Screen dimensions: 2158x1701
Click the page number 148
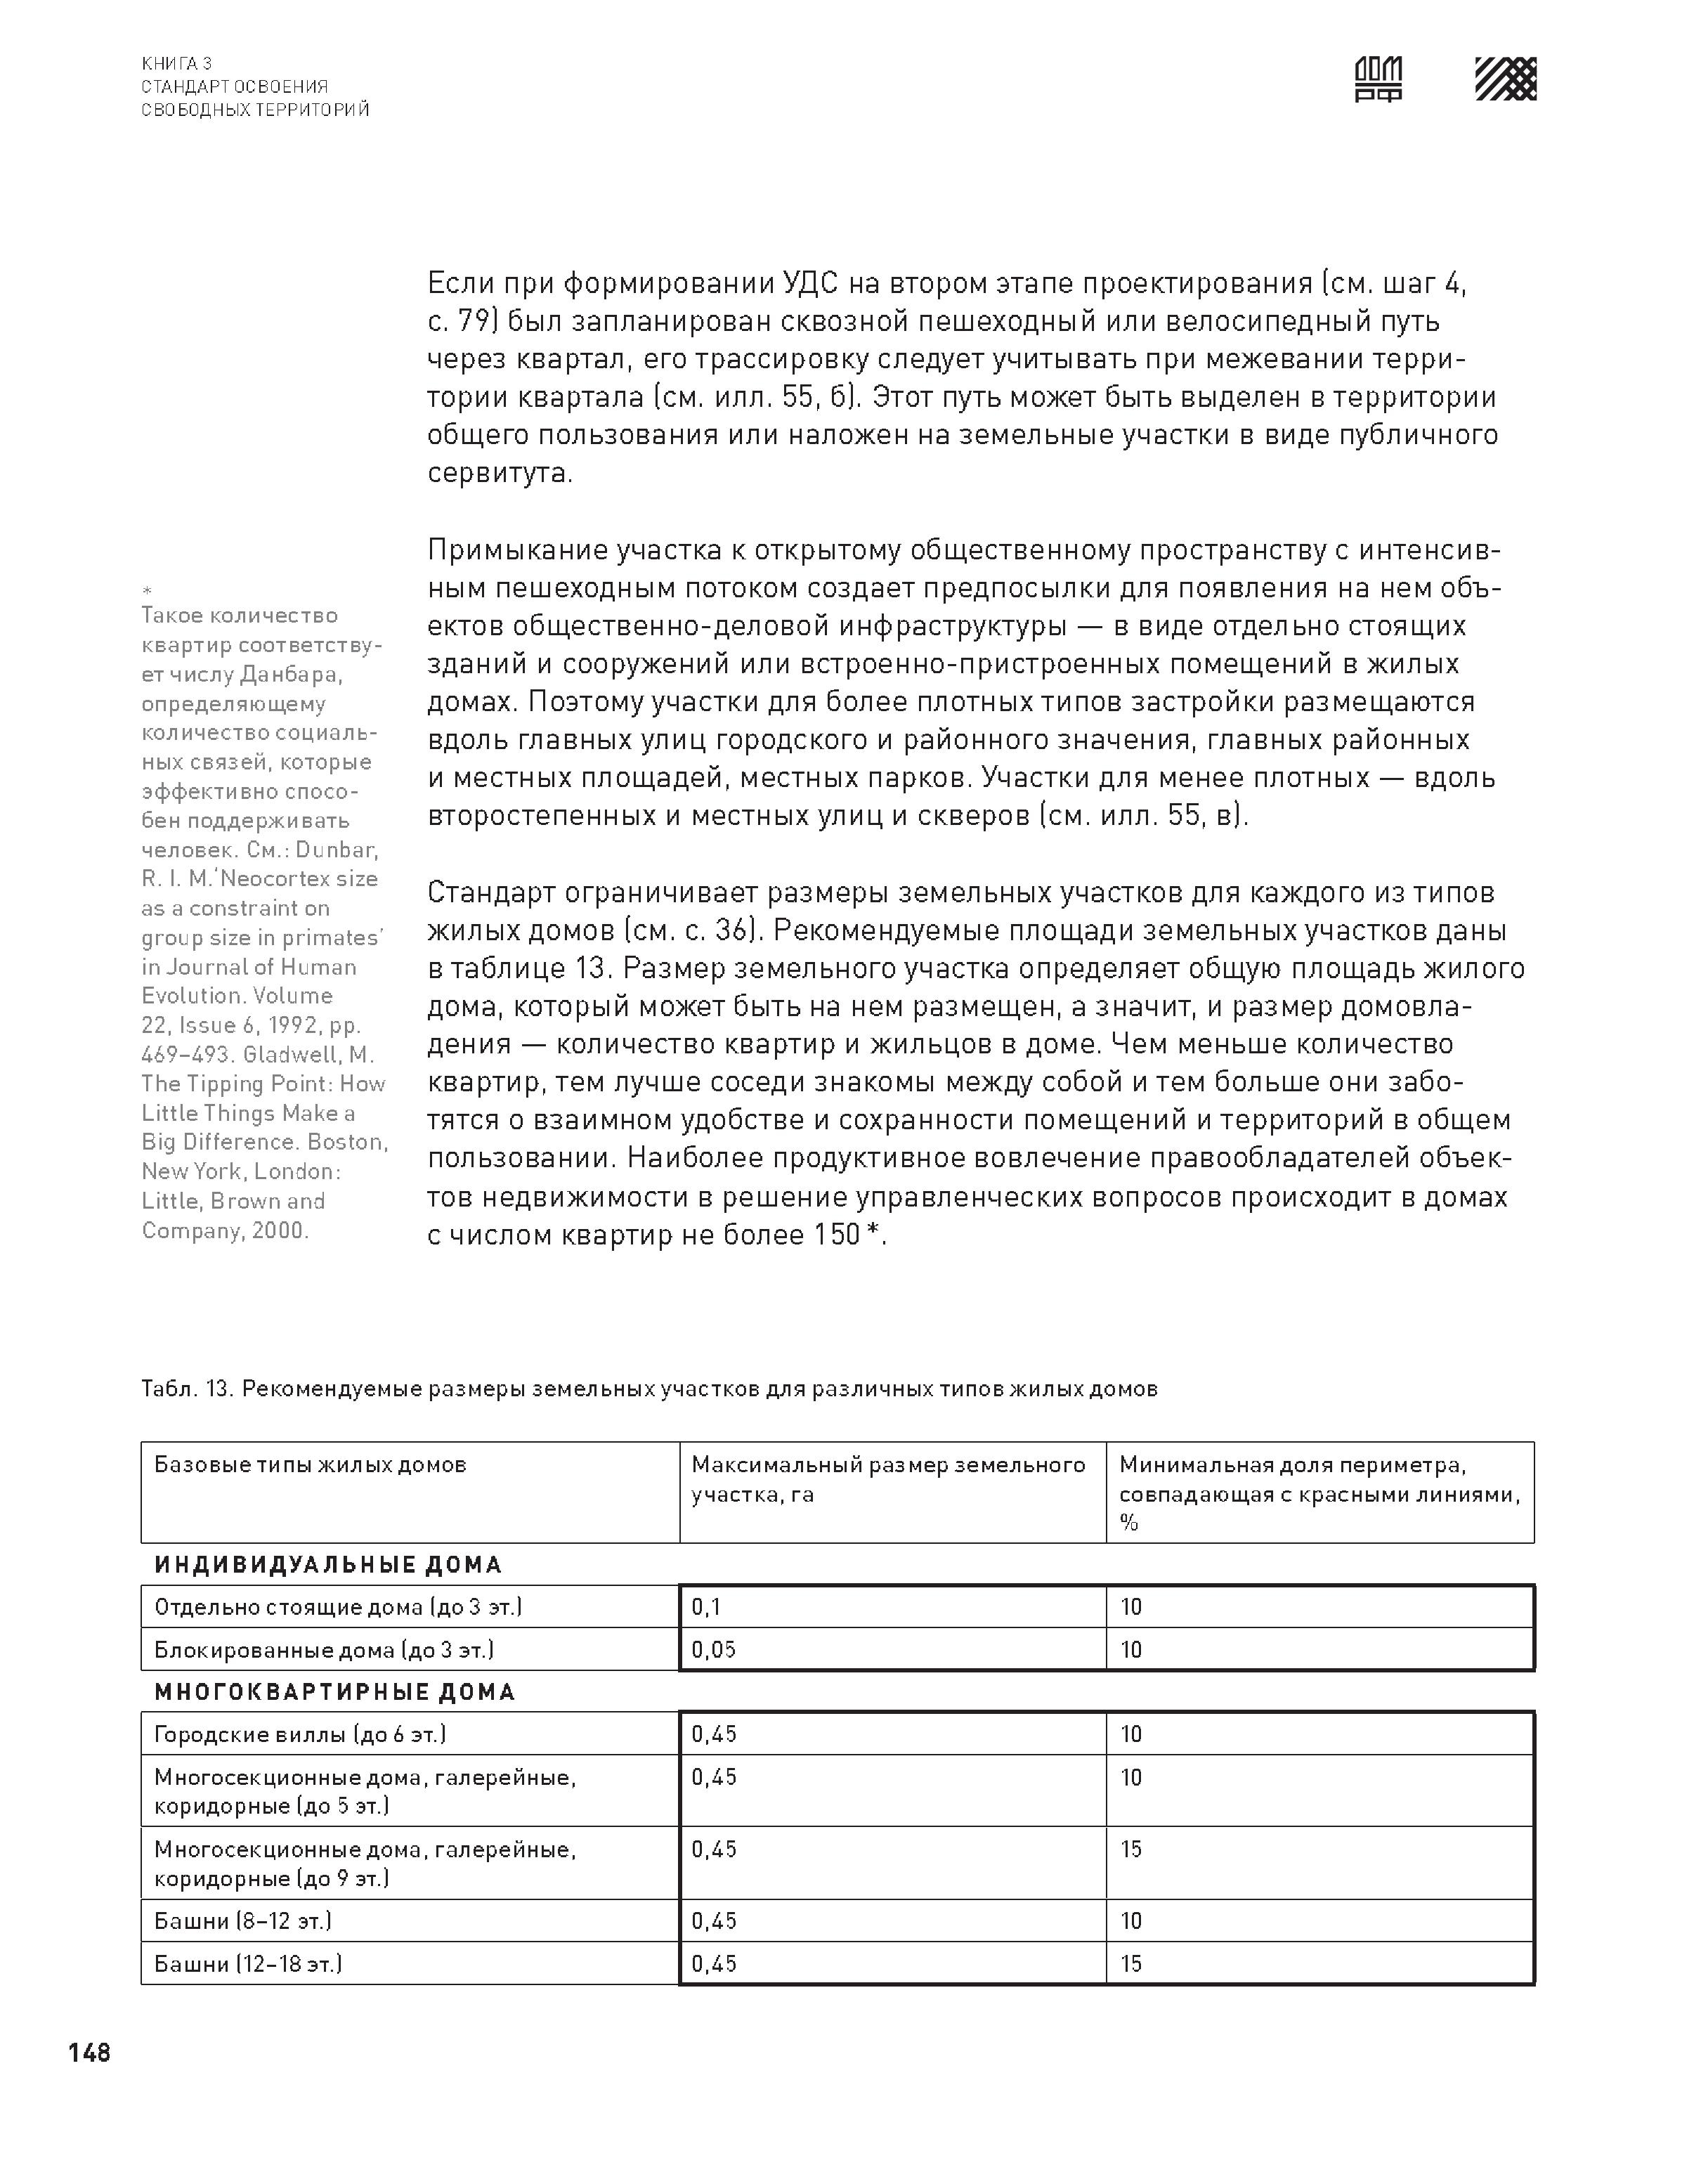pyautogui.click(x=90, y=2053)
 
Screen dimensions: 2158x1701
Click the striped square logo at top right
pyautogui.click(x=1505, y=79)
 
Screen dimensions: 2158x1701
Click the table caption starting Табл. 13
pyautogui.click(x=649, y=1389)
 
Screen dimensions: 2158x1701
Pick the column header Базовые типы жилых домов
pyautogui.click(x=310, y=1465)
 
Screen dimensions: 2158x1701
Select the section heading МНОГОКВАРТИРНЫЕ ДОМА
pyautogui.click(x=334, y=1692)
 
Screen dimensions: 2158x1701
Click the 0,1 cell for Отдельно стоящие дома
pyautogui.click(x=706, y=1606)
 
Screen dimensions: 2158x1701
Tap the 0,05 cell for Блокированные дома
pyautogui.click(x=713, y=1649)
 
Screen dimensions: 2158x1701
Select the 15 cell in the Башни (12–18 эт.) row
pyautogui.click(x=1131, y=1964)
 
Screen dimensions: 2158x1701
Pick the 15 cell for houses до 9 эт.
pyautogui.click(x=1131, y=1850)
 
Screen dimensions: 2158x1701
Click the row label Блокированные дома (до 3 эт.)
pyautogui.click(x=324, y=1649)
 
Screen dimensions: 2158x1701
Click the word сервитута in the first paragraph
pyautogui.click(x=500, y=473)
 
